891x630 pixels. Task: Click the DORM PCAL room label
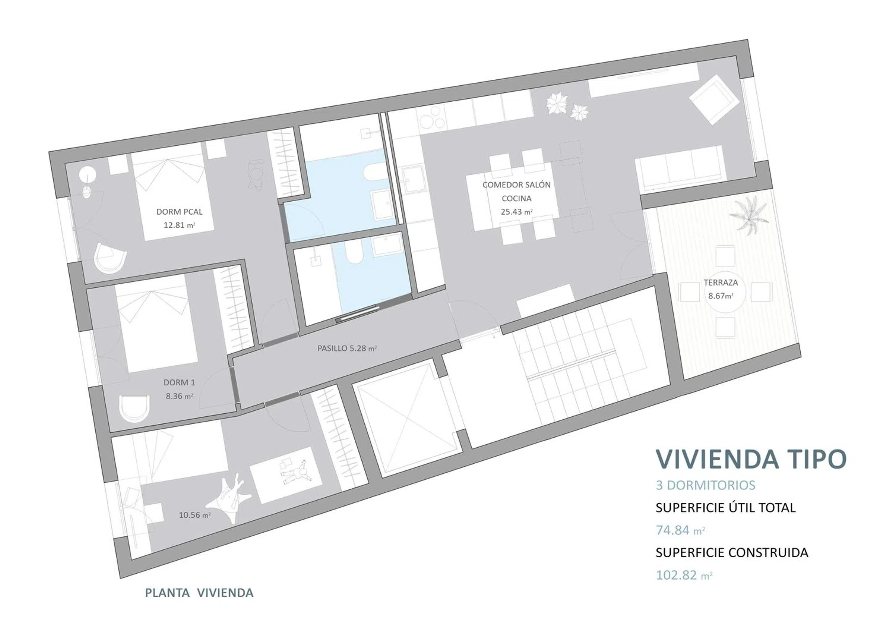point(179,212)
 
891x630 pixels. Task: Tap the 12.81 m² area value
point(179,225)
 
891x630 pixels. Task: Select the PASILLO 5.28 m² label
point(347,348)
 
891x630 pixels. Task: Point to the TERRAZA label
point(721,283)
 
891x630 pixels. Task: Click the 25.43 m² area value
point(517,212)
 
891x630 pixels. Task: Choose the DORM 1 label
point(179,382)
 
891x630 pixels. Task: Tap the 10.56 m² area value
point(194,515)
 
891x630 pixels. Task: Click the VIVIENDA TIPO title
point(751,459)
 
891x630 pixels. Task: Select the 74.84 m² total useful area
point(680,530)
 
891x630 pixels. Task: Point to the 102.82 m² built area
point(684,575)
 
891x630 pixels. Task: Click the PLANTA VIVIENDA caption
point(199,593)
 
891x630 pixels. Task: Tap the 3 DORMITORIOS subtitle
point(705,485)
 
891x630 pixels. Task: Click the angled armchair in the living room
point(714,100)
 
